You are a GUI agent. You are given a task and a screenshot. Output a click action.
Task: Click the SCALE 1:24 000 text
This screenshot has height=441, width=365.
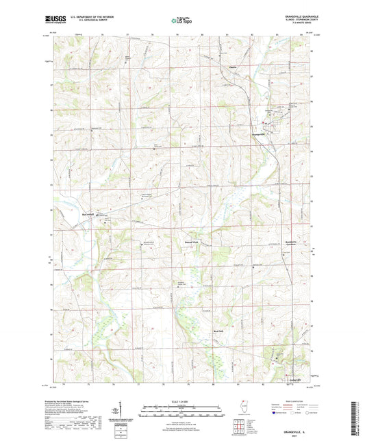point(181,400)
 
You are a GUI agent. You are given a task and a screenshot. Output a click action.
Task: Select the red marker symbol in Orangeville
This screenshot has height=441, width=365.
point(265,123)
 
